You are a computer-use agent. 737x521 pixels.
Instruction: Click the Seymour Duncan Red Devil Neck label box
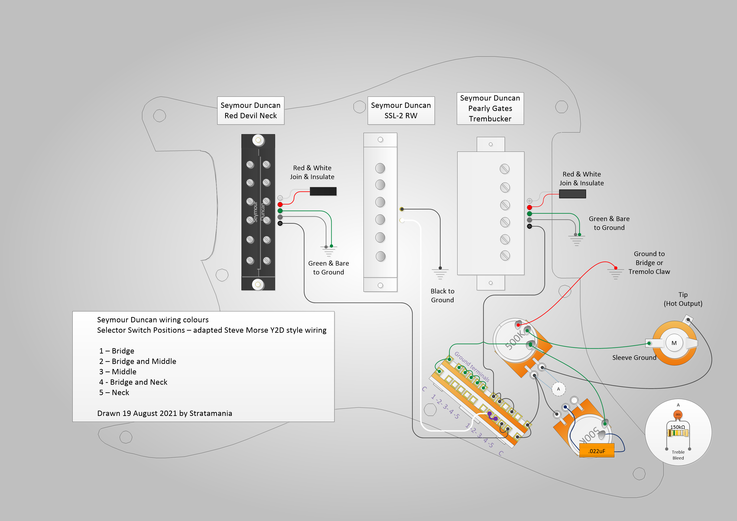coord(251,110)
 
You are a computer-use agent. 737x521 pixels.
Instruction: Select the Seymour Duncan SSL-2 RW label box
coord(401,110)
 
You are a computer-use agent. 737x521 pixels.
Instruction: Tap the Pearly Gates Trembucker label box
coord(490,109)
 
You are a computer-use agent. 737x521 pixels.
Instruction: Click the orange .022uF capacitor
coord(597,450)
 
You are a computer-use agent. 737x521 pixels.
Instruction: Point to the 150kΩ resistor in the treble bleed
coord(678,433)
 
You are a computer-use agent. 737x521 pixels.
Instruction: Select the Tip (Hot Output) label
coord(683,299)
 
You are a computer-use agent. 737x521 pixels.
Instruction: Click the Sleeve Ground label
coord(634,358)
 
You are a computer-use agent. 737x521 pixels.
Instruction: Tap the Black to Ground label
coord(442,296)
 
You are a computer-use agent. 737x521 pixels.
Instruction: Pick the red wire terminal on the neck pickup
coord(280,204)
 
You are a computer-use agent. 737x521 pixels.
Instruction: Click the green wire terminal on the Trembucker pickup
coord(529,214)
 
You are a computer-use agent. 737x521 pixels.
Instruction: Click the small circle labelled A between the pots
coord(558,389)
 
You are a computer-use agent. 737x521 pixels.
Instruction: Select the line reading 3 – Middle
coord(118,372)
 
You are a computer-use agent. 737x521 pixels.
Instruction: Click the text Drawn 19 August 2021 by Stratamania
coord(165,414)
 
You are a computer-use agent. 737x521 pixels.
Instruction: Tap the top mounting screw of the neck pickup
coord(258,140)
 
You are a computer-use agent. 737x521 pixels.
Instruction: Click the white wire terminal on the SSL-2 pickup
coord(402,220)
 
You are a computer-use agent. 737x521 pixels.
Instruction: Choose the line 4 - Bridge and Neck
coord(133,382)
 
